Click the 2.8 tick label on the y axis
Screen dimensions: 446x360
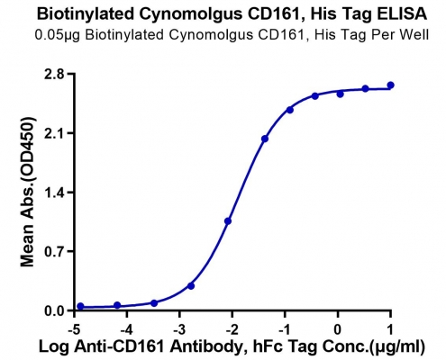[x=54, y=74]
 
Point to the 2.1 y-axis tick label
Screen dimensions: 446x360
[x=54, y=133]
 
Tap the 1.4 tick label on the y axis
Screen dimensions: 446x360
[x=54, y=193]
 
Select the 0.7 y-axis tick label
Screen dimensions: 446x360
[x=54, y=251]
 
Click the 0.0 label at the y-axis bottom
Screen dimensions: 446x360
[x=54, y=310]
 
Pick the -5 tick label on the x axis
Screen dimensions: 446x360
[x=74, y=329]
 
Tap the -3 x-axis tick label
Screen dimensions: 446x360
[x=179, y=329]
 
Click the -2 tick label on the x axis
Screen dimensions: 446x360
[x=232, y=329]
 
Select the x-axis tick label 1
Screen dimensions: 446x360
[x=390, y=329]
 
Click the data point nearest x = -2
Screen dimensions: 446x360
[x=228, y=221]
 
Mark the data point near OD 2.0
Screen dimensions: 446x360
[x=265, y=139]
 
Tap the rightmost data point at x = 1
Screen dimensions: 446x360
[x=390, y=85]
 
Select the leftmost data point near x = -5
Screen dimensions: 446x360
[x=80, y=306]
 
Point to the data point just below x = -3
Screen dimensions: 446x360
[x=191, y=286]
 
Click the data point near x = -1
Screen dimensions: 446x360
[x=290, y=110]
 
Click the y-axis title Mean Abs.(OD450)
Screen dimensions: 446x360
[x=28, y=192]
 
